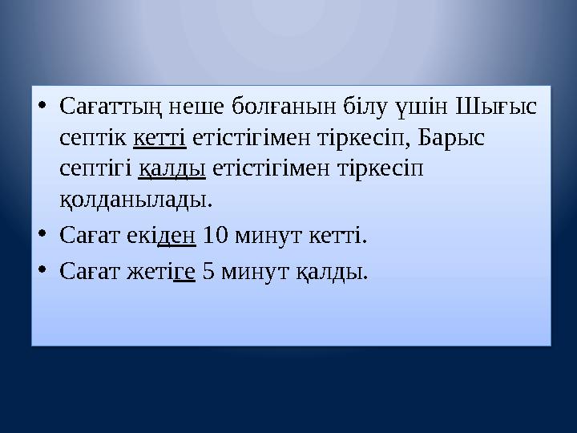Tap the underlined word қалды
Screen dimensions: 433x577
[173, 169]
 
